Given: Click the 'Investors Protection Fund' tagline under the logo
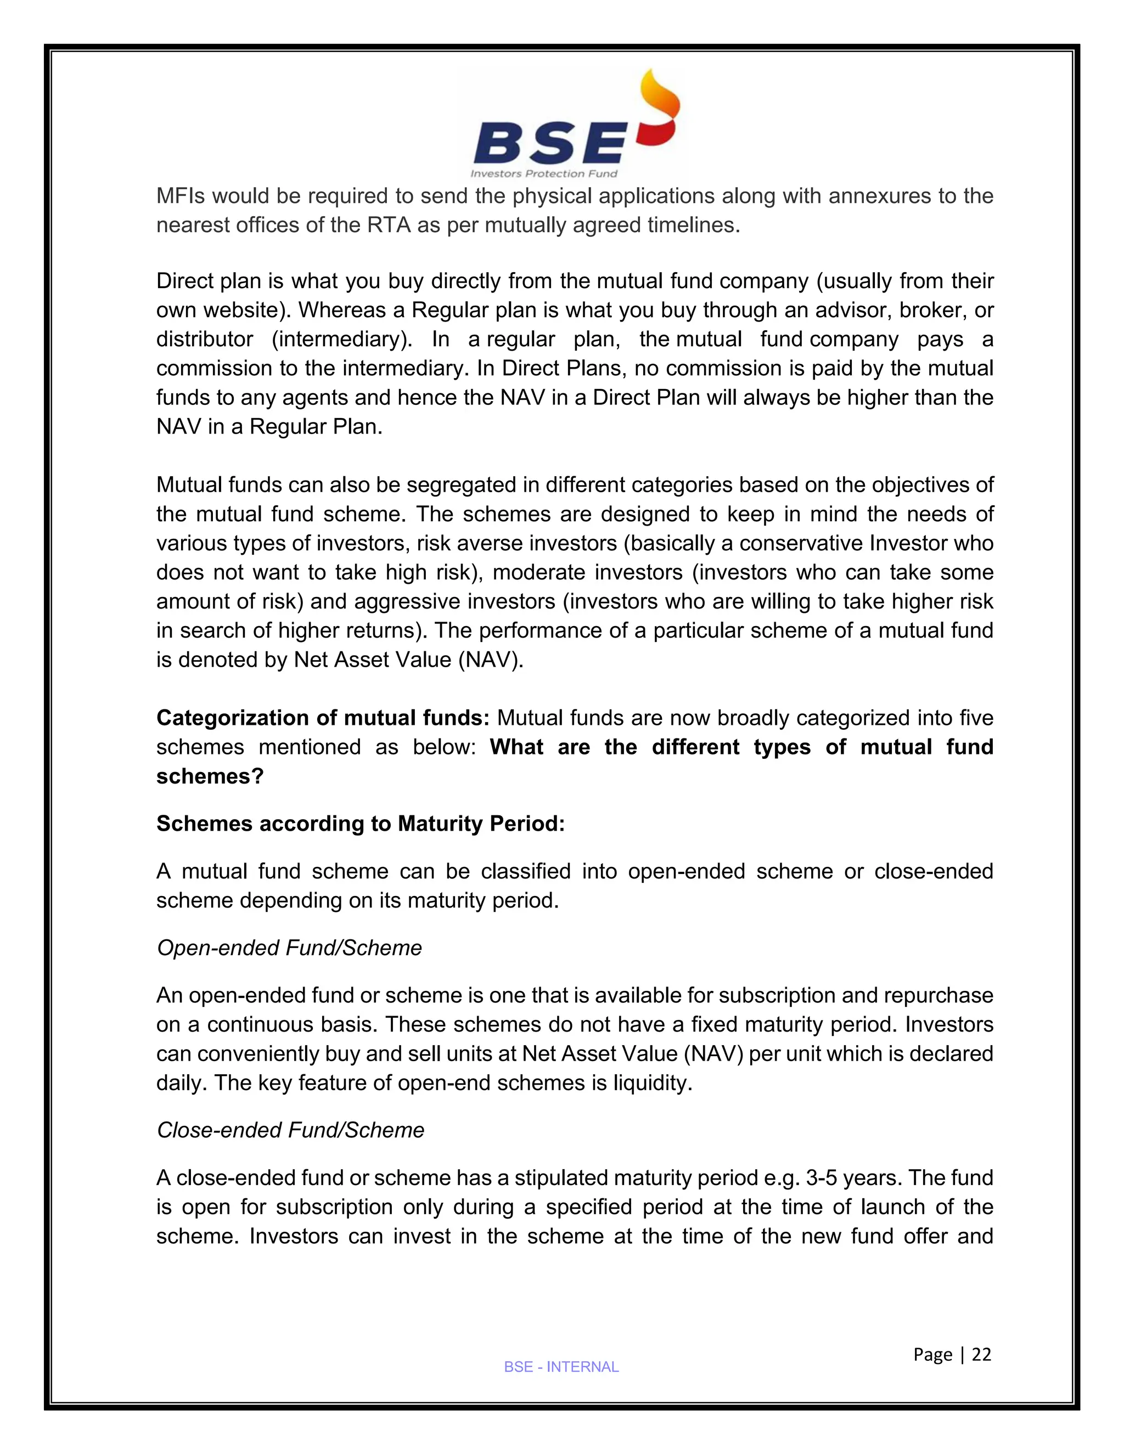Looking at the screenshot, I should [x=544, y=174].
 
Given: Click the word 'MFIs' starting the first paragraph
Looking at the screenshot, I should [x=180, y=196].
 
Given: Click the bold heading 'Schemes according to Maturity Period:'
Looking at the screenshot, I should [x=360, y=824].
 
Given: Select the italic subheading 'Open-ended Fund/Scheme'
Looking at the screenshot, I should [x=289, y=948].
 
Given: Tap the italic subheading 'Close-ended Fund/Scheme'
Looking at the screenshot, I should [x=290, y=1130].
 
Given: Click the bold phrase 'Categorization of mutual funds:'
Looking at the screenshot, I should [x=323, y=718].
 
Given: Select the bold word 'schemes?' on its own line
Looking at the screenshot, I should [x=210, y=776].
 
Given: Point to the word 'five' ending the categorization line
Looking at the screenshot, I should [x=974, y=718].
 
